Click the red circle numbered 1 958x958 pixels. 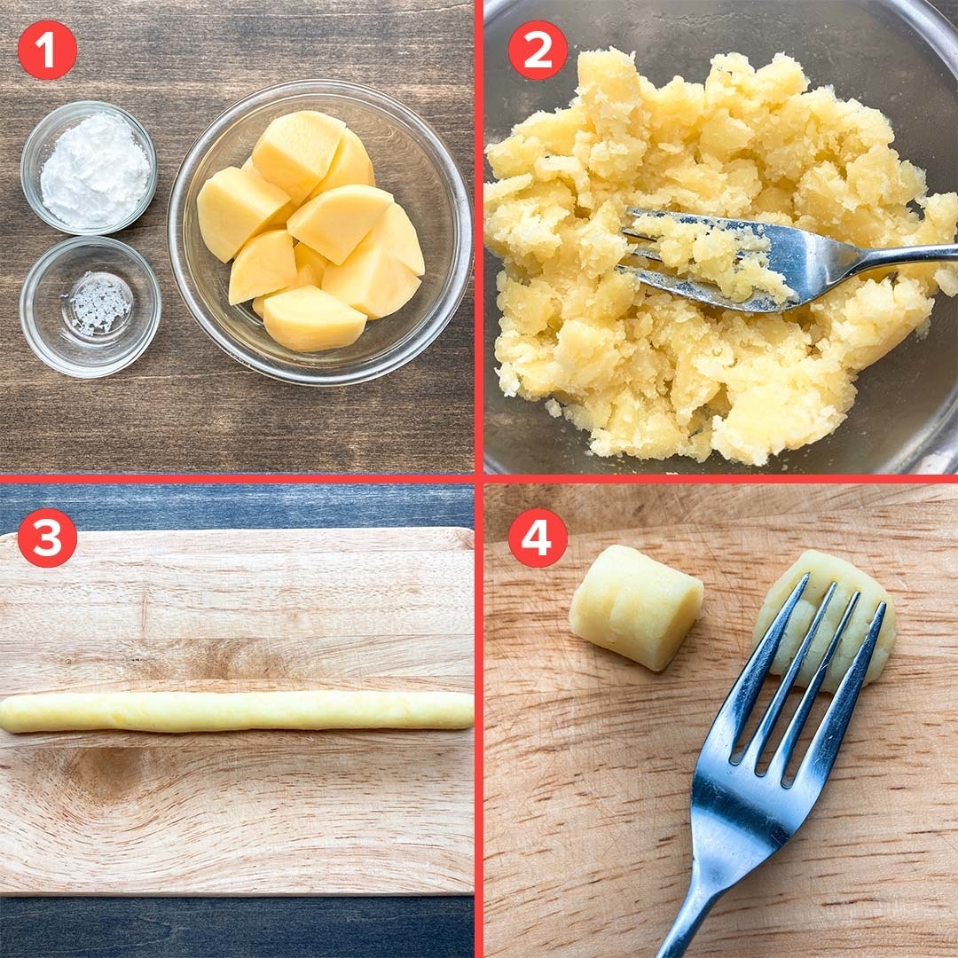47,50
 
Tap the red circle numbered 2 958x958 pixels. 537,50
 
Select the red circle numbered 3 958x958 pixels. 47,537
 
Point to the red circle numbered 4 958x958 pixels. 537,537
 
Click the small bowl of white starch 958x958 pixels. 90,168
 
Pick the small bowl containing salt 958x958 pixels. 90,307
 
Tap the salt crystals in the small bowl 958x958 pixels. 98,303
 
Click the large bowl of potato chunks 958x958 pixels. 320,232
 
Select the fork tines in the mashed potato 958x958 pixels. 703,260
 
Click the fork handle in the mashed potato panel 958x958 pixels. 880,256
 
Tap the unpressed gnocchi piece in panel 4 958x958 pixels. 636,607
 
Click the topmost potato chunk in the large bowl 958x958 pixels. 298,153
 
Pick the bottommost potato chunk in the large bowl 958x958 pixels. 313,318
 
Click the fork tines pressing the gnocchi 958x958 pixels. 806,672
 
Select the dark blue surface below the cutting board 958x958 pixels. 237,926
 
